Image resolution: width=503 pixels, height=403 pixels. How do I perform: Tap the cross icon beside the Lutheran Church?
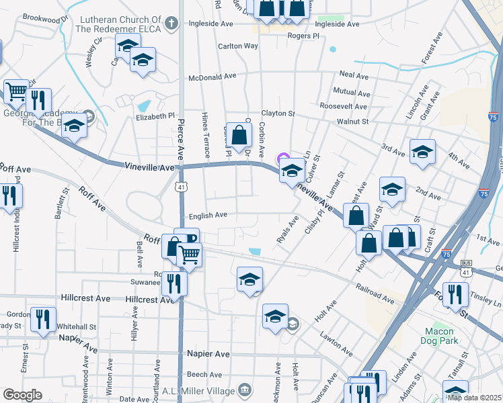(171, 25)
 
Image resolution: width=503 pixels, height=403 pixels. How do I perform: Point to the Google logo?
(22, 395)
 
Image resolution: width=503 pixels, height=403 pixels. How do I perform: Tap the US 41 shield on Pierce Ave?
(182, 187)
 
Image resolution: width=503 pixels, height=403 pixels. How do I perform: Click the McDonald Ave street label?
(212, 77)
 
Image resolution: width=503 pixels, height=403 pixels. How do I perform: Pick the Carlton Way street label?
(237, 46)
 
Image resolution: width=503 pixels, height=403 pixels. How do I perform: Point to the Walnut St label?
(353, 122)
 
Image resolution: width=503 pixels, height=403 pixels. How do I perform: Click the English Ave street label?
(208, 216)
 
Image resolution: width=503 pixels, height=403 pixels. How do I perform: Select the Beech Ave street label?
(204, 375)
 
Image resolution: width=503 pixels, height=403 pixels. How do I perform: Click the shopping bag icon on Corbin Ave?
(239, 135)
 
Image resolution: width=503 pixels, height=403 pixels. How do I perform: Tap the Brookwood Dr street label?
(46, 19)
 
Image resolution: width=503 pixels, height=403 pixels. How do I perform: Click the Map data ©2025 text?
(475, 397)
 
